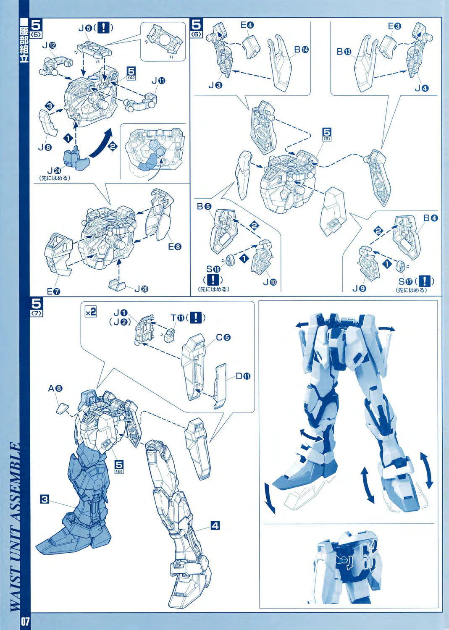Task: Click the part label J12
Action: pyautogui.click(x=49, y=45)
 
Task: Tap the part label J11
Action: pyautogui.click(x=158, y=81)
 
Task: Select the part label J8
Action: pyautogui.click(x=45, y=147)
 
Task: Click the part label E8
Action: pyautogui.click(x=175, y=247)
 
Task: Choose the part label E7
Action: pyautogui.click(x=53, y=291)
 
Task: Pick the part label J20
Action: pyautogui.click(x=142, y=289)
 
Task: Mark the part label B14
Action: pyautogui.click(x=301, y=50)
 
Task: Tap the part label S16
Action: pyautogui.click(x=213, y=269)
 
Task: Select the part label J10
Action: pyautogui.click(x=270, y=282)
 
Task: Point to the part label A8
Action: pyautogui.click(x=55, y=388)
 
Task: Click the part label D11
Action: pyautogui.click(x=243, y=376)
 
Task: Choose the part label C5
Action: pyautogui.click(x=223, y=337)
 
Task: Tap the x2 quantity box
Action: pyautogui.click(x=91, y=312)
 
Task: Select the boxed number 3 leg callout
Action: pyautogui.click(x=44, y=499)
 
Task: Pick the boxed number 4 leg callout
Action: pyautogui.click(x=215, y=525)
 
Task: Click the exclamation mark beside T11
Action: pyautogui.click(x=195, y=318)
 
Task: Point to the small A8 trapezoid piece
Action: pyautogui.click(x=63, y=408)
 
